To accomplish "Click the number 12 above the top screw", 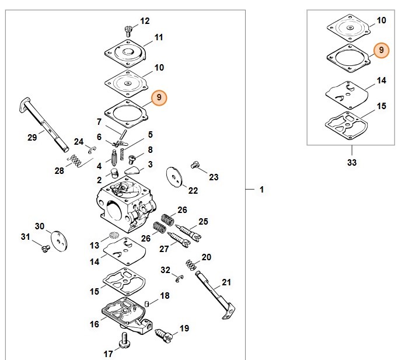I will (x=145, y=21).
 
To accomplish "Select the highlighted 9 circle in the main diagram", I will (x=159, y=97).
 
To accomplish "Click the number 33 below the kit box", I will (x=351, y=163).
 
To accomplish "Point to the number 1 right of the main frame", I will (x=262, y=190).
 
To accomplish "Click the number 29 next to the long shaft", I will (x=32, y=137).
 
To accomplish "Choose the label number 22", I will (x=193, y=190).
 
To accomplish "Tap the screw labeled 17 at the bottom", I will (x=124, y=338).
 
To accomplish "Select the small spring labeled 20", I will (x=190, y=264).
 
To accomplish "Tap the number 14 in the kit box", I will (x=381, y=81).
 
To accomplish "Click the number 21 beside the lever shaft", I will (x=226, y=282).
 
